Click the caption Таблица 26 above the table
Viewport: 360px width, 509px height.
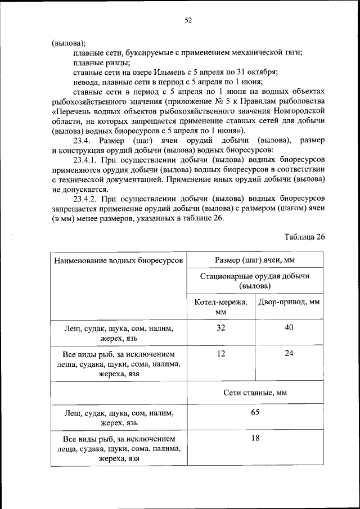coord(304,236)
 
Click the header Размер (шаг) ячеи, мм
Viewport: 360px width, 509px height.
coord(255,260)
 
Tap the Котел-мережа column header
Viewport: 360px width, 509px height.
coord(220,306)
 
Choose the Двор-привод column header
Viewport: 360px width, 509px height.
coord(289,301)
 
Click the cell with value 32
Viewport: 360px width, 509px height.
coord(220,328)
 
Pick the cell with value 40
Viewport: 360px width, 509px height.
coord(289,328)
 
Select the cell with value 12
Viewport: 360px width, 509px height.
coord(220,354)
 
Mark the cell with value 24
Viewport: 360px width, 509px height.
coord(289,354)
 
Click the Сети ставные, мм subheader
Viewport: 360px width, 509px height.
coord(255,393)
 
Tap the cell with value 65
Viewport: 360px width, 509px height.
coord(255,412)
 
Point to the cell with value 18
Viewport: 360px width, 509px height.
coord(255,438)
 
